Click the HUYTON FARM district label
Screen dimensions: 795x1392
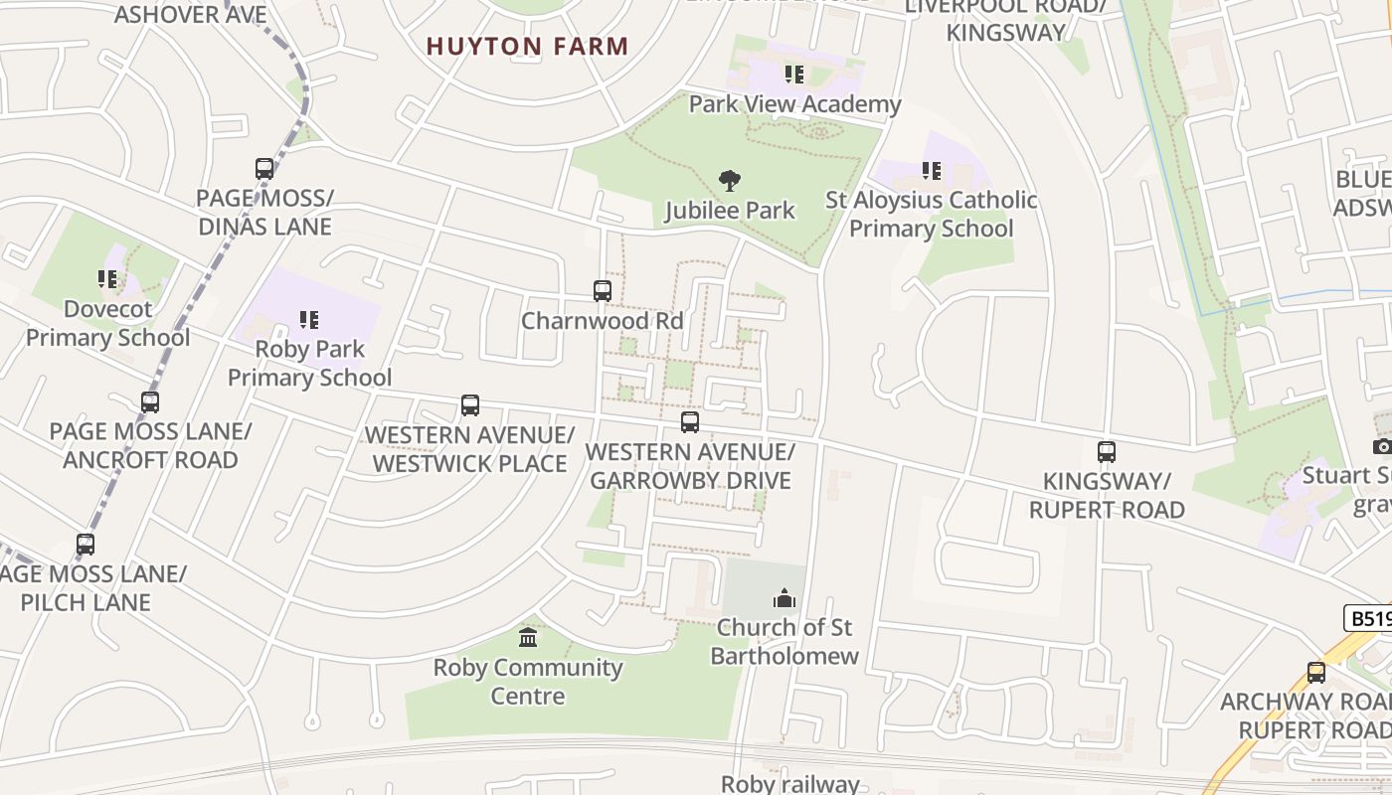click(x=527, y=46)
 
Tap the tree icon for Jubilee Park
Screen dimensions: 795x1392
click(x=730, y=181)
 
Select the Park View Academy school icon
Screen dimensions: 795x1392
click(x=793, y=75)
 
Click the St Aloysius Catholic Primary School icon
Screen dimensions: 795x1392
click(x=931, y=171)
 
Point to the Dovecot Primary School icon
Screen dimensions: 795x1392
click(x=106, y=279)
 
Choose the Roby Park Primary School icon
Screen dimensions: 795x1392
click(x=309, y=320)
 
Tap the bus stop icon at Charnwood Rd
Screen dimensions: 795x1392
click(x=602, y=291)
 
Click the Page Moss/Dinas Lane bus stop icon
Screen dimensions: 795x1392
click(x=263, y=169)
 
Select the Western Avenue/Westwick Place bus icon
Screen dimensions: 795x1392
click(x=469, y=405)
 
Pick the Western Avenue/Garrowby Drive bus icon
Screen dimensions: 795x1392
click(x=689, y=422)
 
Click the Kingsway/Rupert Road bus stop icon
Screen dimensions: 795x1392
click(x=1106, y=452)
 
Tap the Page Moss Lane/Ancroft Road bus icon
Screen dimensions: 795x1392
click(x=150, y=402)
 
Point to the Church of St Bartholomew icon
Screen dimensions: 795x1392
click(x=784, y=598)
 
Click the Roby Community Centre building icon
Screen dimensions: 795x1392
click(x=528, y=637)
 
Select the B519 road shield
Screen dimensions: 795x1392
click(x=1370, y=618)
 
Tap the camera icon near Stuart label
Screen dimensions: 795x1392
click(x=1381, y=446)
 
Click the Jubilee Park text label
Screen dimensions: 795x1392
click(x=730, y=210)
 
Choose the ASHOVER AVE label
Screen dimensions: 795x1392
click(x=190, y=14)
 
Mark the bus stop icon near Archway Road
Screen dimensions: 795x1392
click(x=1315, y=673)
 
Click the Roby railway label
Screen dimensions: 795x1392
click(x=789, y=783)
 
